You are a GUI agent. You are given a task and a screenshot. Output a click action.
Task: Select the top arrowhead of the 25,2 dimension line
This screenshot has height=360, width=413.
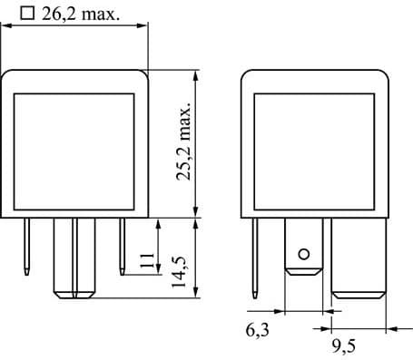195,76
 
